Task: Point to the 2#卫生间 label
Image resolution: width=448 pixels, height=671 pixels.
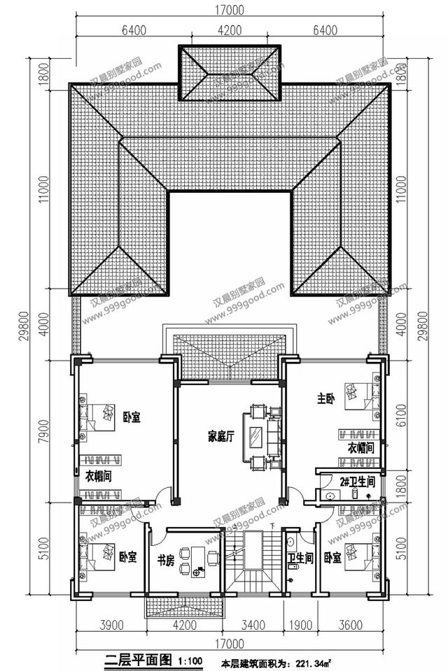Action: click(358, 481)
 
